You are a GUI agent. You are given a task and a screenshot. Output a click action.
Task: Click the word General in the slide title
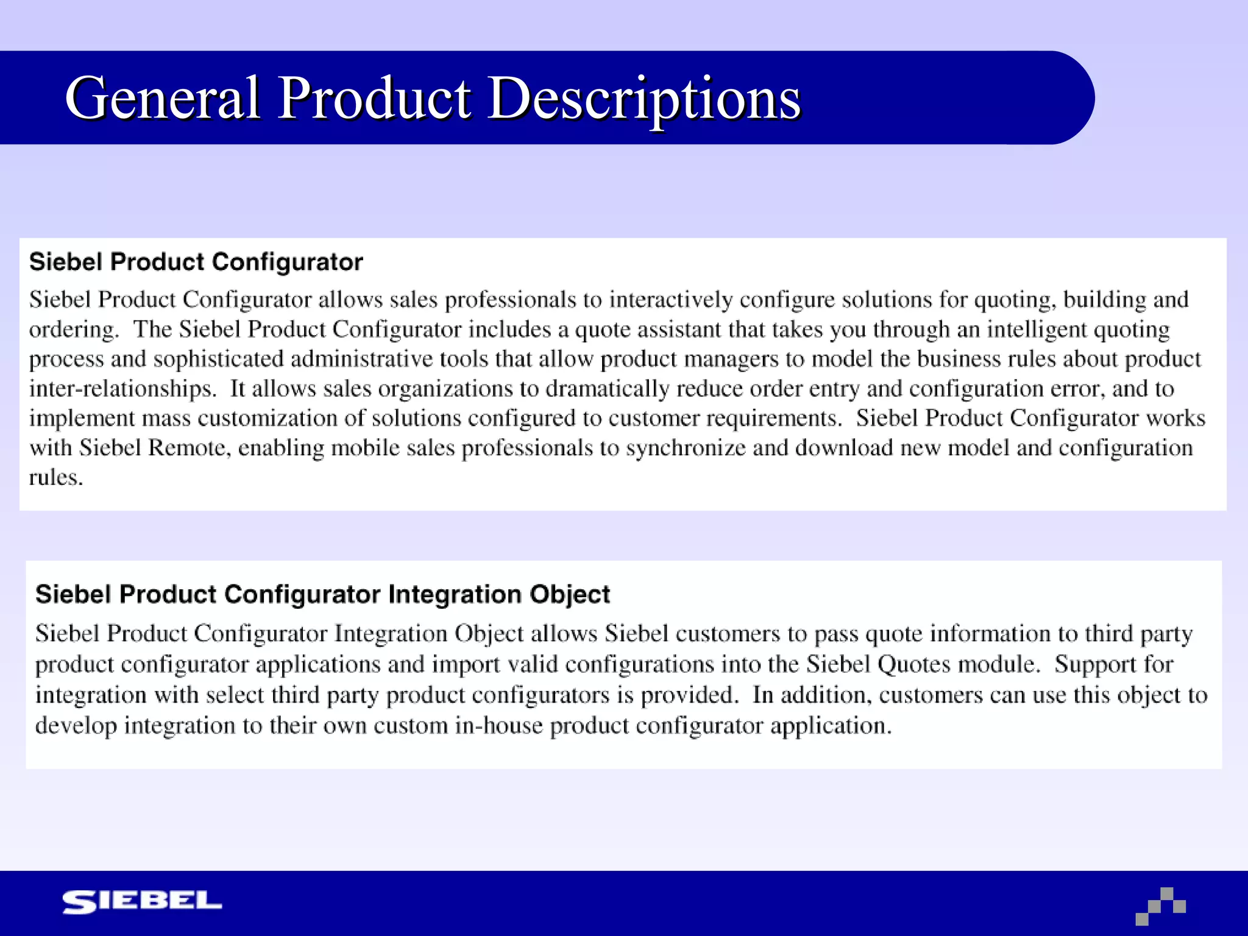163,98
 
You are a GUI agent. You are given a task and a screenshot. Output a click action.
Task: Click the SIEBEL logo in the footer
142,902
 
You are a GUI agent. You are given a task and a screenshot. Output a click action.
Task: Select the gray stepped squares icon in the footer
1161,906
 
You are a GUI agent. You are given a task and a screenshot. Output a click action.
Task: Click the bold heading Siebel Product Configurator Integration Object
322,594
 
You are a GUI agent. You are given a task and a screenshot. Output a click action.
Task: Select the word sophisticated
219,359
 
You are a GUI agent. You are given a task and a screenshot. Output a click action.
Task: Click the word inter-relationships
122,389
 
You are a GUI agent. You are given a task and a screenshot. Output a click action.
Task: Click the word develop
76,726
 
